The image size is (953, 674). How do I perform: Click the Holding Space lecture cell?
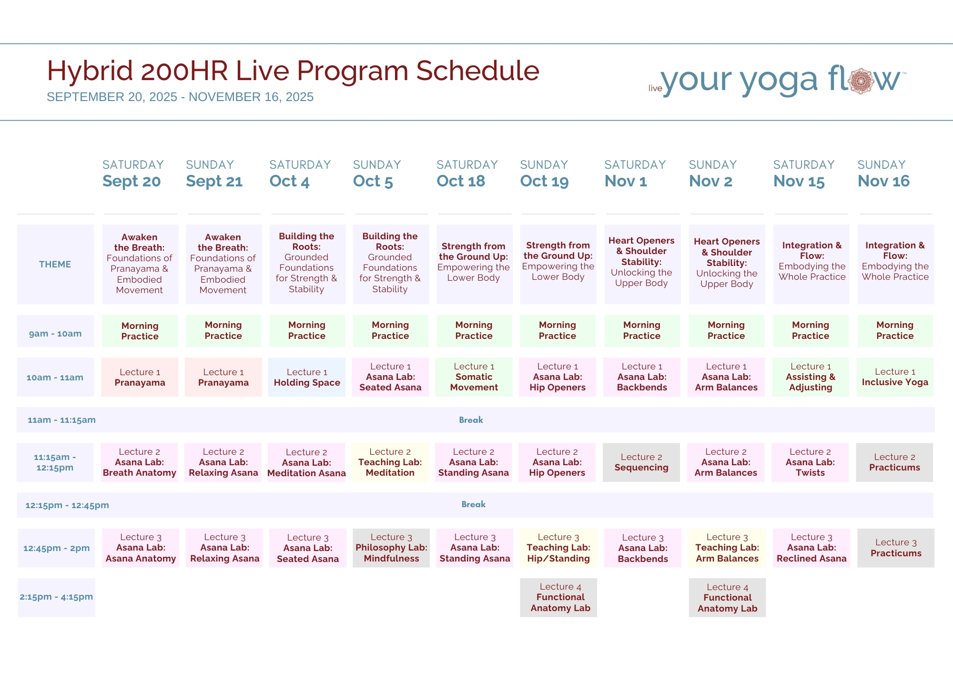(x=307, y=377)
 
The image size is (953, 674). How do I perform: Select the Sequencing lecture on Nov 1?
(x=641, y=462)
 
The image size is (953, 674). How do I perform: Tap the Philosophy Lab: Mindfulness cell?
(x=391, y=548)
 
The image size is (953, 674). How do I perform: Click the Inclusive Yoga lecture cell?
(x=895, y=377)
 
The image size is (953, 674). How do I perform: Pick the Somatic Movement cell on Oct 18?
(x=474, y=377)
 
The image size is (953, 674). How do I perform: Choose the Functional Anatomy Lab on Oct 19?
(x=558, y=597)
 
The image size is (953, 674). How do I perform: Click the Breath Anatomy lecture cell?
(x=140, y=462)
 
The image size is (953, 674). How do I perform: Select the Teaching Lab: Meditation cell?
(x=390, y=462)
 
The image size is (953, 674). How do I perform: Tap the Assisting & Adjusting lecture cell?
(x=811, y=377)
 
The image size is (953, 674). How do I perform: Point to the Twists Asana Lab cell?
(x=810, y=462)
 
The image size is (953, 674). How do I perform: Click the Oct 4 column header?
(x=300, y=174)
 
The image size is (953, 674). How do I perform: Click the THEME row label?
(x=55, y=264)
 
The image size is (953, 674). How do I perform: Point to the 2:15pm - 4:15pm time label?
(x=57, y=597)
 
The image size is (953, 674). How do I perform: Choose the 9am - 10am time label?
(x=55, y=334)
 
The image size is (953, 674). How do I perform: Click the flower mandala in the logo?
(x=861, y=81)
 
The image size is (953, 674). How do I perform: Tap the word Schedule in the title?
(x=477, y=71)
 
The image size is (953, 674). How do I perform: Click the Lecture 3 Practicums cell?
(x=896, y=548)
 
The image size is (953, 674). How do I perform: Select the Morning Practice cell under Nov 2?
(x=726, y=330)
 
